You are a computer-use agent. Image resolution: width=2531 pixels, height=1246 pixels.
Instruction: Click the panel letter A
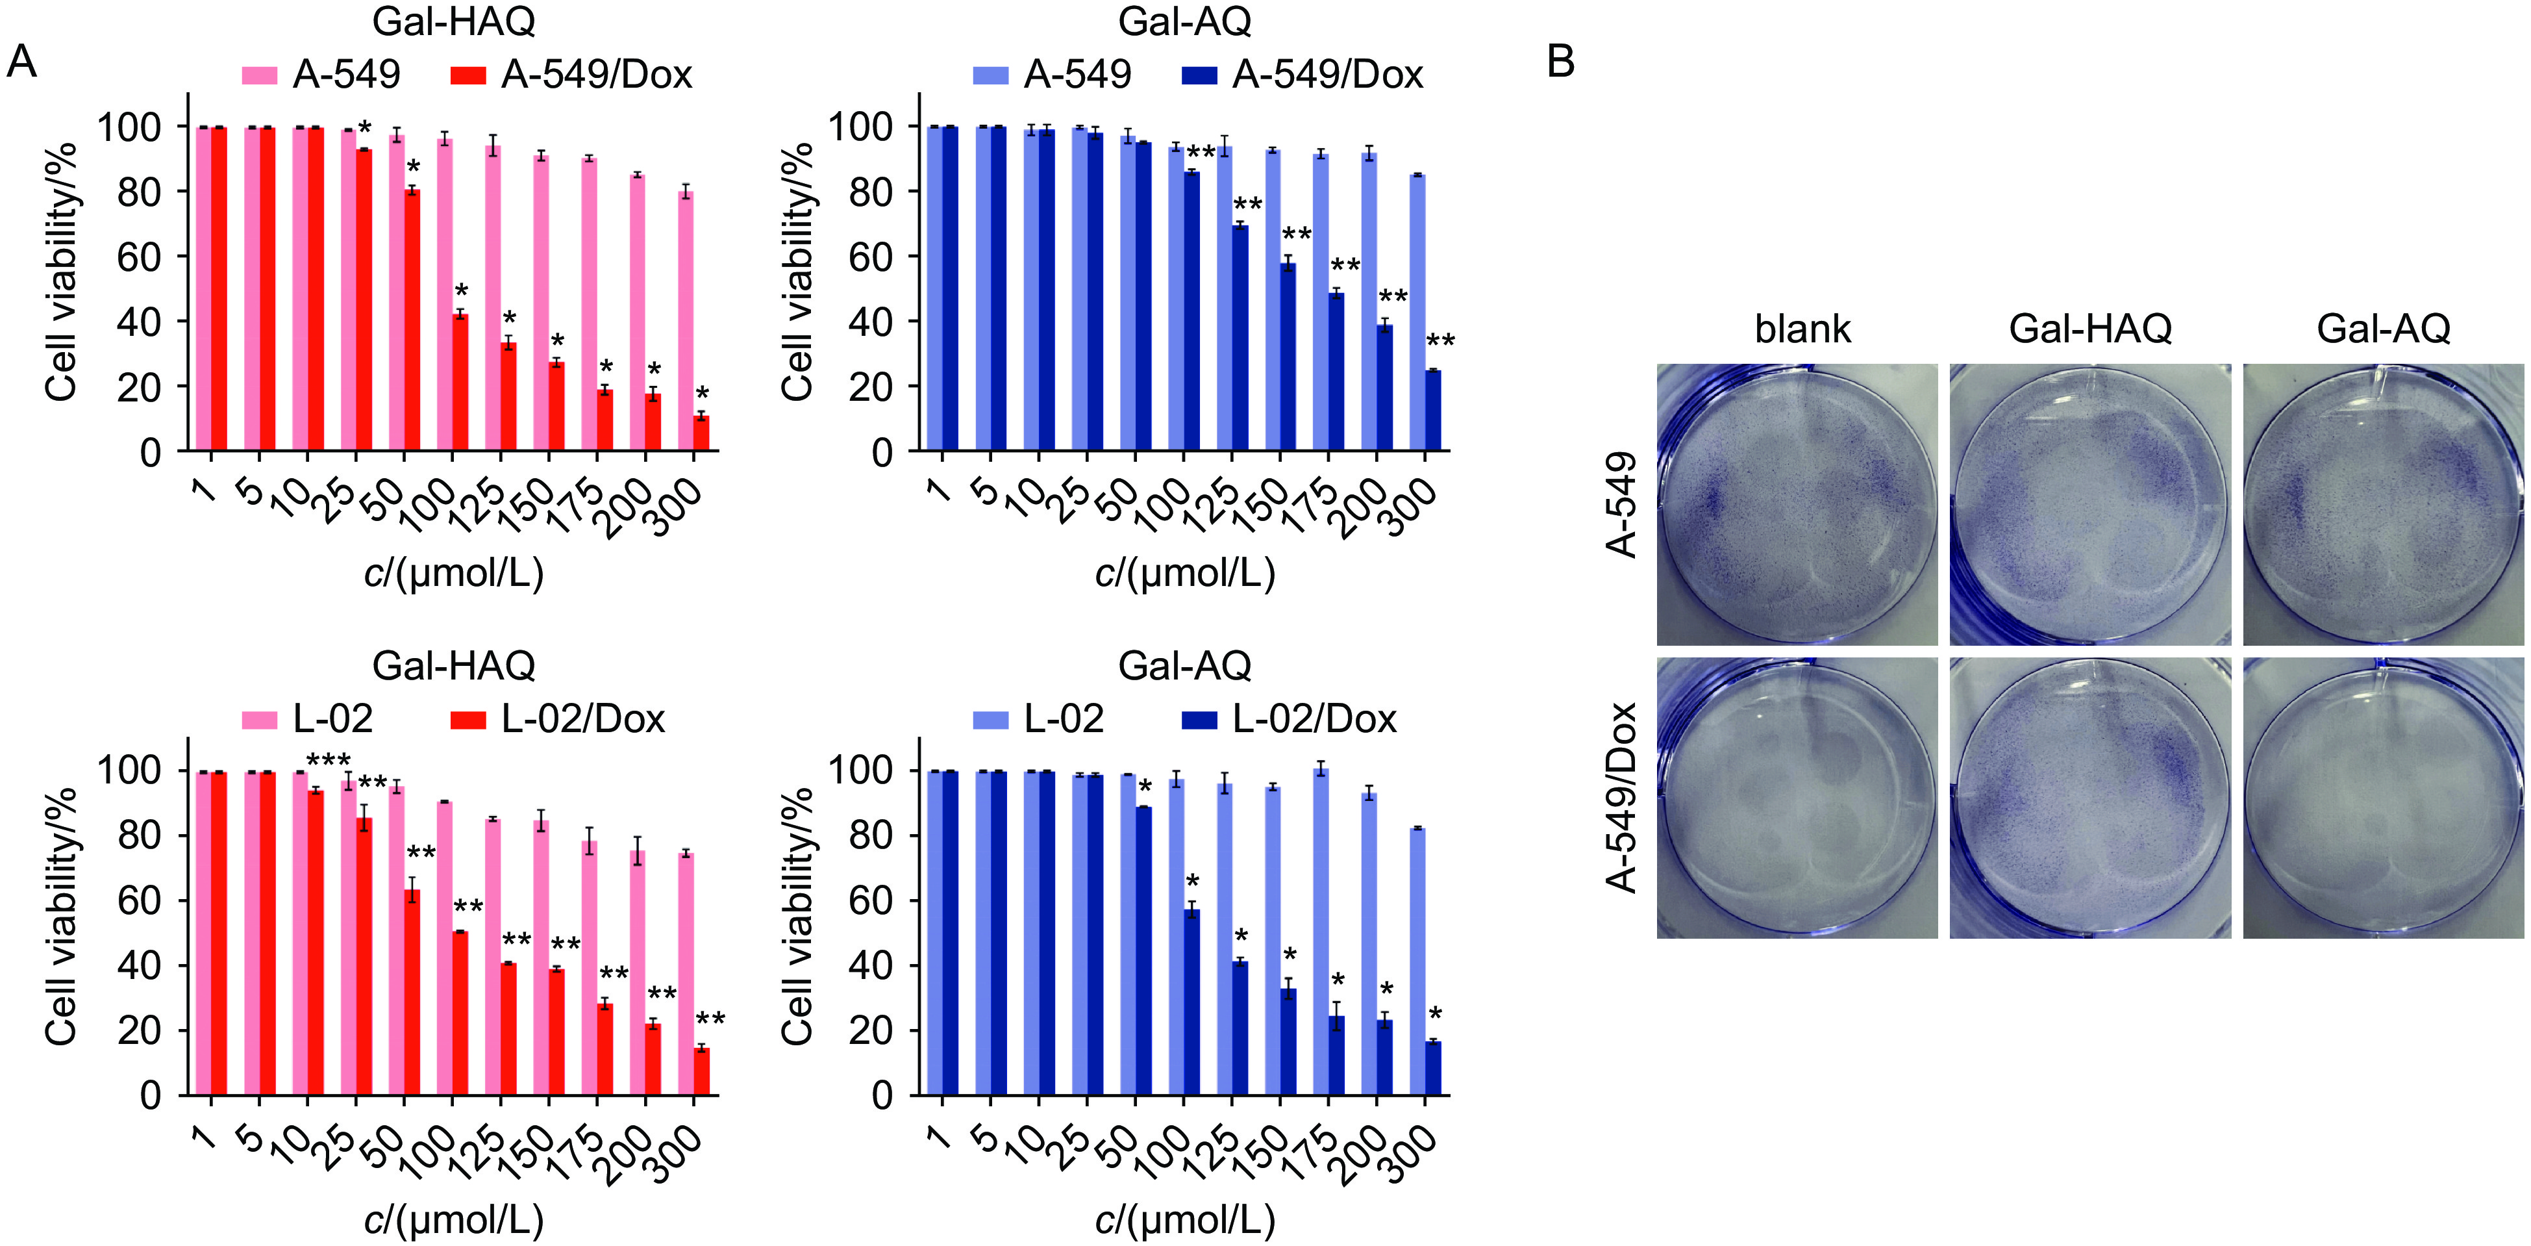[x=21, y=62]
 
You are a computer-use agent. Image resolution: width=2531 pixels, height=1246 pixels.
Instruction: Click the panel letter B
[x=1560, y=61]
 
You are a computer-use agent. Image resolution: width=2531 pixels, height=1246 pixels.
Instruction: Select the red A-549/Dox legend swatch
[x=468, y=75]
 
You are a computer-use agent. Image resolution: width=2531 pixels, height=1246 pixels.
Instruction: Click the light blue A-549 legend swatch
[x=990, y=75]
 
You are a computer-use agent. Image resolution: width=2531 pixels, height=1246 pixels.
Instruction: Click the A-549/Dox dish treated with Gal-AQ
[x=2383, y=798]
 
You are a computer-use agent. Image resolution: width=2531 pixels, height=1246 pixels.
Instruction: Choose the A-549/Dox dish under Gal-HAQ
[x=2090, y=798]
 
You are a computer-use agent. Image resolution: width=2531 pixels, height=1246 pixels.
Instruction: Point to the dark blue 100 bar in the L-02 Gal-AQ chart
[x=1192, y=1002]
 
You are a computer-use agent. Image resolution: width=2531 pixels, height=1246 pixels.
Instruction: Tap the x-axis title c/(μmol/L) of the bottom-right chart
[x=1185, y=1219]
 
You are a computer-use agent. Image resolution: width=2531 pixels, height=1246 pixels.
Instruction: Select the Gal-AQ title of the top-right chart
[x=1185, y=21]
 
